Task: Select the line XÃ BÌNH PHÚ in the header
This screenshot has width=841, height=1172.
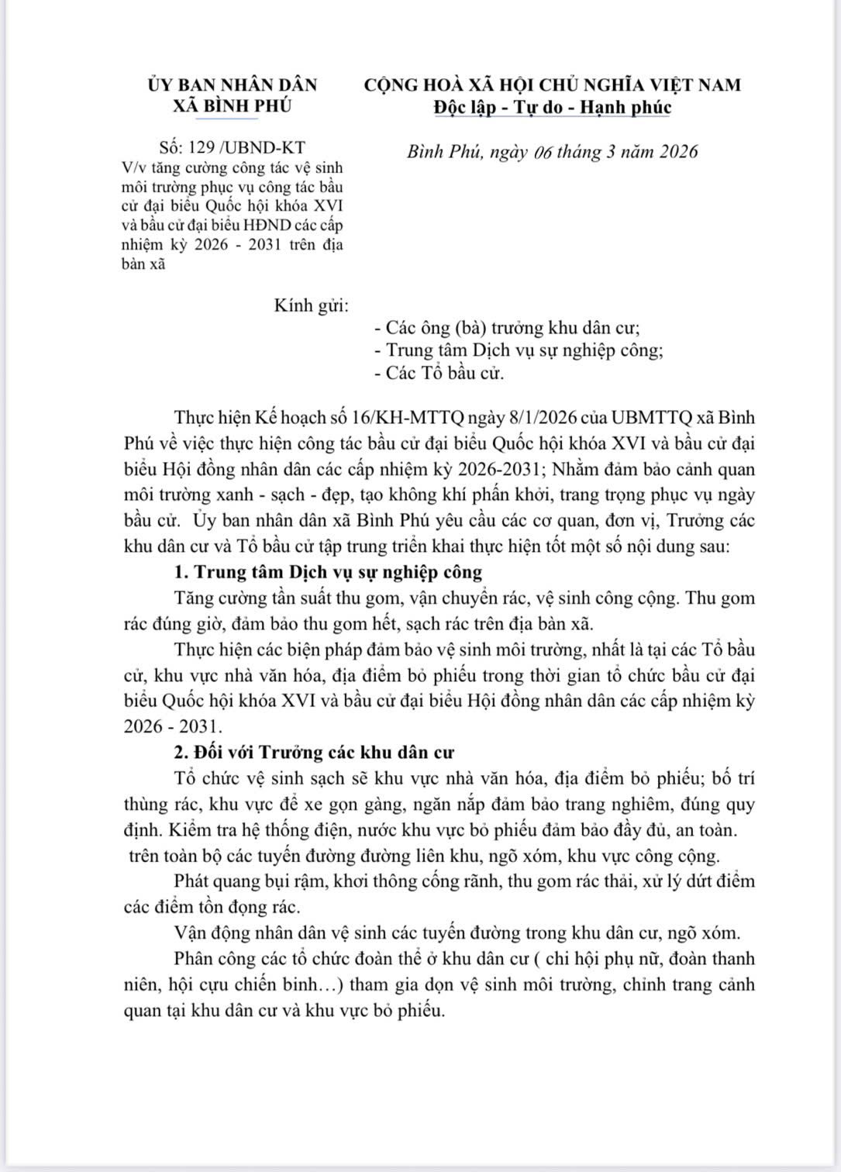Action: [x=232, y=106]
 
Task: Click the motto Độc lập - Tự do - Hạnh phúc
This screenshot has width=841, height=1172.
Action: [x=553, y=107]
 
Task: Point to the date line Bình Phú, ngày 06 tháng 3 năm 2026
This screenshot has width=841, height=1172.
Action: [x=553, y=151]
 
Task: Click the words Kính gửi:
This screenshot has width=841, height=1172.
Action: [x=311, y=305]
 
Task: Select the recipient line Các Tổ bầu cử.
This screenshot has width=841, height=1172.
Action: [x=439, y=373]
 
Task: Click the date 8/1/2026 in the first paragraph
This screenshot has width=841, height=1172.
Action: [x=539, y=419]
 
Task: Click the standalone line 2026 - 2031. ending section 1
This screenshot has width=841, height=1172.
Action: [x=172, y=726]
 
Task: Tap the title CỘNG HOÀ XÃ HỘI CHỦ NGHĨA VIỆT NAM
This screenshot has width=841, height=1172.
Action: [x=553, y=84]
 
